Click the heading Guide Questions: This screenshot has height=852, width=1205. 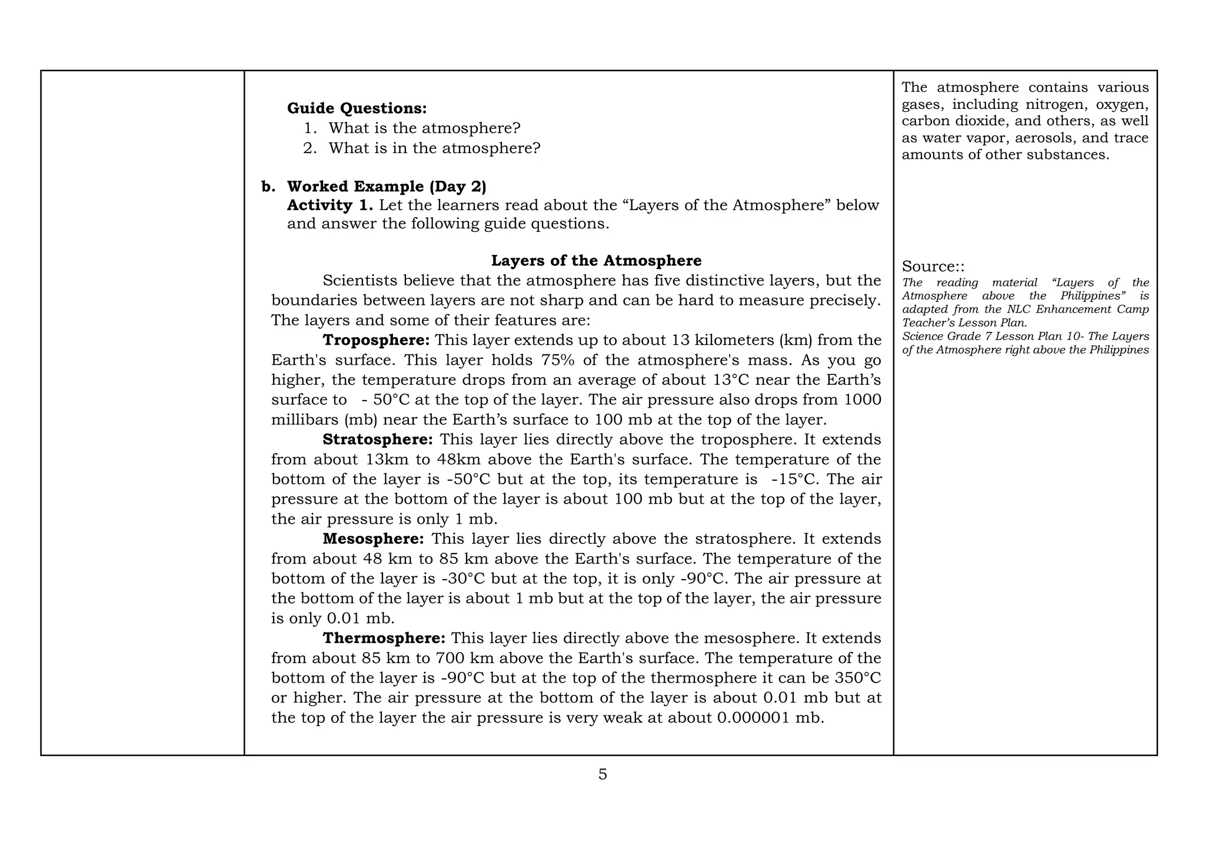357,108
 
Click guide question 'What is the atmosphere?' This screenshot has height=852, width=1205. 424,128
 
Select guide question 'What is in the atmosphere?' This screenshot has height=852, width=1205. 434,148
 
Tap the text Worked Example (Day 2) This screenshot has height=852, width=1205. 386,187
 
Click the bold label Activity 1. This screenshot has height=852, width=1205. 329,205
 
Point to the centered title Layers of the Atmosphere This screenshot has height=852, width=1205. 596,261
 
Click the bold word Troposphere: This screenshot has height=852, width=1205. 376,340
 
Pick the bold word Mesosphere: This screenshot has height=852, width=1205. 372,539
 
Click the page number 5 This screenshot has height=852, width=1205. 602,774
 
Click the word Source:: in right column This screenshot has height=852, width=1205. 933,267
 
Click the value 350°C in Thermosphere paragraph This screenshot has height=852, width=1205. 857,678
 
